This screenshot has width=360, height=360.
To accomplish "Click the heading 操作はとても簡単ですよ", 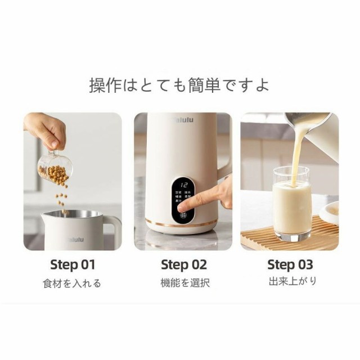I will (x=179, y=85).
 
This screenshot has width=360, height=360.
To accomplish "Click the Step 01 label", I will (x=73, y=264).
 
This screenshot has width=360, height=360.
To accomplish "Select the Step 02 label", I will (x=184, y=264).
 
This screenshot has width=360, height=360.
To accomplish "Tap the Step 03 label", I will (x=290, y=264).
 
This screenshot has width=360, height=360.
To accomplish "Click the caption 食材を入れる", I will (x=73, y=283).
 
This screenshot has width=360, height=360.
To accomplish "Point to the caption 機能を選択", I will (x=184, y=283).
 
